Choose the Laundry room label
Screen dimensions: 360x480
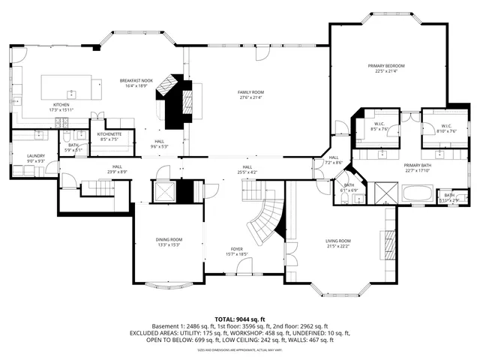(x=37, y=158)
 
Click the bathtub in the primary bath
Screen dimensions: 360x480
(x=418, y=193)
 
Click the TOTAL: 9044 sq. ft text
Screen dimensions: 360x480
(x=240, y=319)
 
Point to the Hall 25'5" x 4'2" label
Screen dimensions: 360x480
(x=247, y=169)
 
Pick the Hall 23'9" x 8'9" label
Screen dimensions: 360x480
(x=117, y=169)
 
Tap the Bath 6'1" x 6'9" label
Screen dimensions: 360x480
(x=349, y=187)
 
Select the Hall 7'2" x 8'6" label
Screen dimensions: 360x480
(x=334, y=160)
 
